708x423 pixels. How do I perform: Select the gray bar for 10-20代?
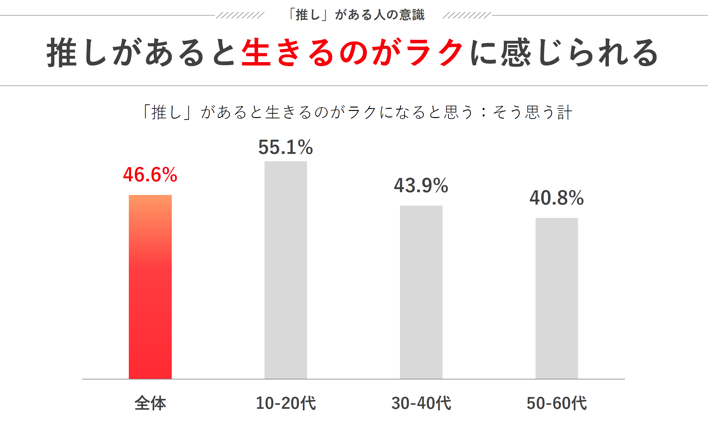286,270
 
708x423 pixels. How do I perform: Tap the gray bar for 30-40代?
421,292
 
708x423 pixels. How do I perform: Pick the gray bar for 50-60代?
557,298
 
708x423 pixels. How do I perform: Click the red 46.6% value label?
150,175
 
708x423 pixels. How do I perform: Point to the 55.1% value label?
286,147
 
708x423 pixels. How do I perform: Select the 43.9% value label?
421,185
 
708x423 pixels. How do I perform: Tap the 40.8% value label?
557,198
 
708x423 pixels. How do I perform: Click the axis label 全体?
150,403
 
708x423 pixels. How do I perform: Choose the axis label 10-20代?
286,403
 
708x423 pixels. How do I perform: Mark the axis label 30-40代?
421,403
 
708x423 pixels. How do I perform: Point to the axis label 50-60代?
557,403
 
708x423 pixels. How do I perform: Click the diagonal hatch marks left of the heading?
240,15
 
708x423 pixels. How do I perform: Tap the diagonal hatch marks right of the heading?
466,15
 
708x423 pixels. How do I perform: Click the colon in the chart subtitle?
484,112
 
